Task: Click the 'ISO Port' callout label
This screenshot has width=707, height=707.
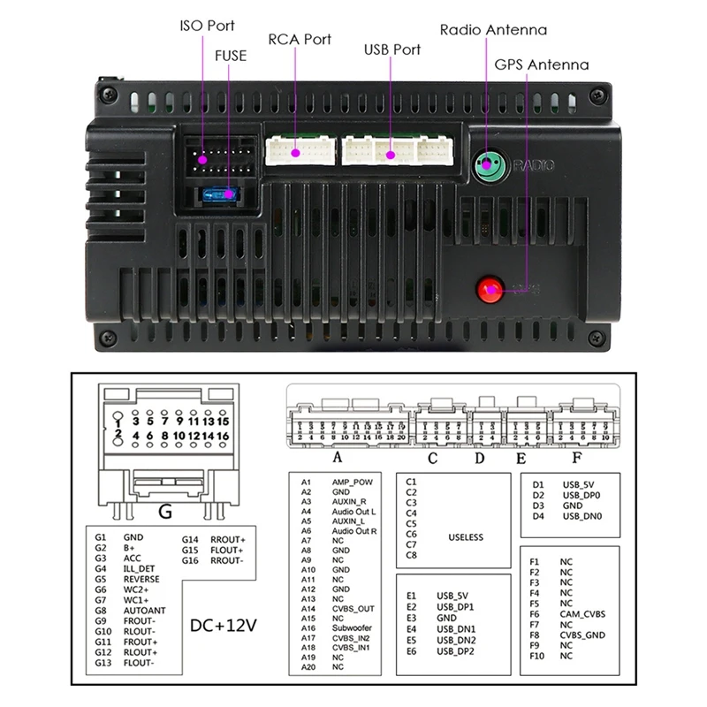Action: pyautogui.click(x=208, y=26)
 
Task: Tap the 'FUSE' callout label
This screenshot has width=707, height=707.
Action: pyautogui.click(x=230, y=55)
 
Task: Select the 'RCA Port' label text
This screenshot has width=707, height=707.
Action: pyautogui.click(x=300, y=39)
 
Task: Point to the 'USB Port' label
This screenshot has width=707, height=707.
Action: pyautogui.click(x=392, y=49)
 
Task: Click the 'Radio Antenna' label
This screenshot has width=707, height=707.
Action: pyautogui.click(x=493, y=30)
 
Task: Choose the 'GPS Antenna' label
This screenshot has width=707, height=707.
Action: pyautogui.click(x=541, y=65)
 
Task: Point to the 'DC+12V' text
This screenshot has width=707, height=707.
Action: pyautogui.click(x=224, y=626)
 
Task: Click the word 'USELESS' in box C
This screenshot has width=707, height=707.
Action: pyautogui.click(x=466, y=536)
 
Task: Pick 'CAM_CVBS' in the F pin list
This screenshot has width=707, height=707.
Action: pyautogui.click(x=582, y=613)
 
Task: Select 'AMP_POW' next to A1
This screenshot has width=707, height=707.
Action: pyautogui.click(x=351, y=482)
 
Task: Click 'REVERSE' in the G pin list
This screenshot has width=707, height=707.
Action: pyautogui.click(x=141, y=579)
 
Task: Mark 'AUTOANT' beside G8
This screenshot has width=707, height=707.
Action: pyautogui.click(x=143, y=611)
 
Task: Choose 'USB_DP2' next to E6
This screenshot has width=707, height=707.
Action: pyautogui.click(x=455, y=651)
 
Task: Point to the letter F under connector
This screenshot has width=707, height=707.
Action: pyautogui.click(x=575, y=458)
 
